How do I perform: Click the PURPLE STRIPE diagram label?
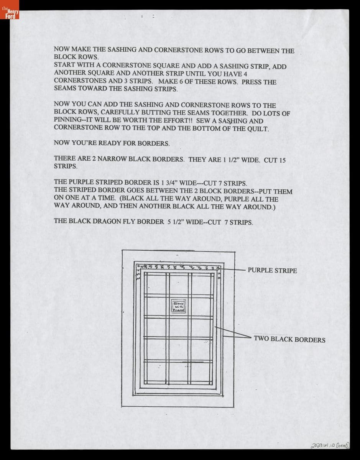tap(272, 271)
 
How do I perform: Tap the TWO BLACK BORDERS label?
tap(289, 340)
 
